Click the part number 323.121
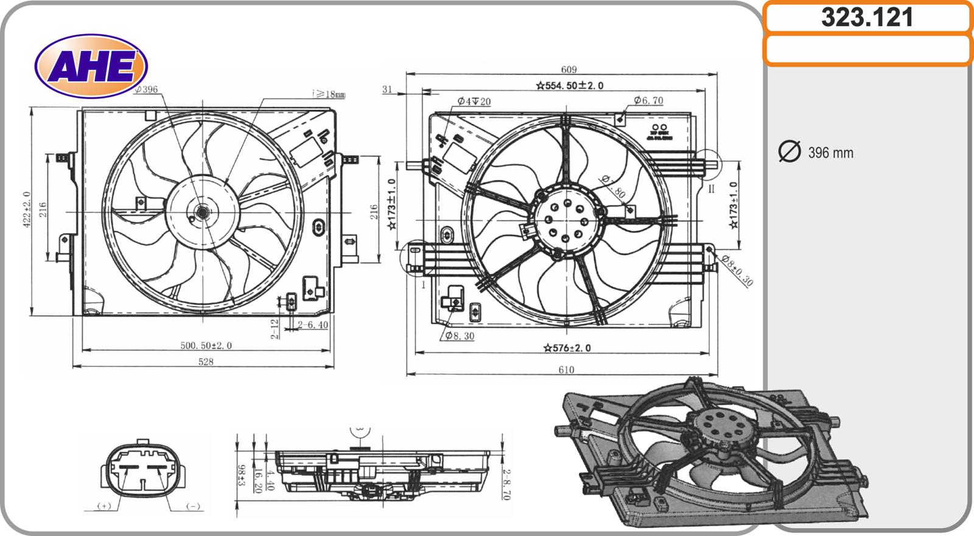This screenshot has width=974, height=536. (867, 18)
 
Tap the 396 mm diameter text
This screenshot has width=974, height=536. (830, 153)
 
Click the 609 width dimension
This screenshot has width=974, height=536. (568, 70)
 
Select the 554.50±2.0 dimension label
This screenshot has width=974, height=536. (570, 86)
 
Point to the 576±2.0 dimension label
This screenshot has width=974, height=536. (567, 348)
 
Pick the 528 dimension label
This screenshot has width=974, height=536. (206, 361)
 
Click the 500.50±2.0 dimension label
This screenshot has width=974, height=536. (206, 346)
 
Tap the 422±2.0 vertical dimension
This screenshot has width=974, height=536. (27, 211)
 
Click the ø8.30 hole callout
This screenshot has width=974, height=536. (459, 335)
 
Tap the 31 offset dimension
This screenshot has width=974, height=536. (387, 89)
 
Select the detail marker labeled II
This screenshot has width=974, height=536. (710, 189)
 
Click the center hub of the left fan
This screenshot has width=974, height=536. (200, 212)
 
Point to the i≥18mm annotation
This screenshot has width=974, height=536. (328, 94)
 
